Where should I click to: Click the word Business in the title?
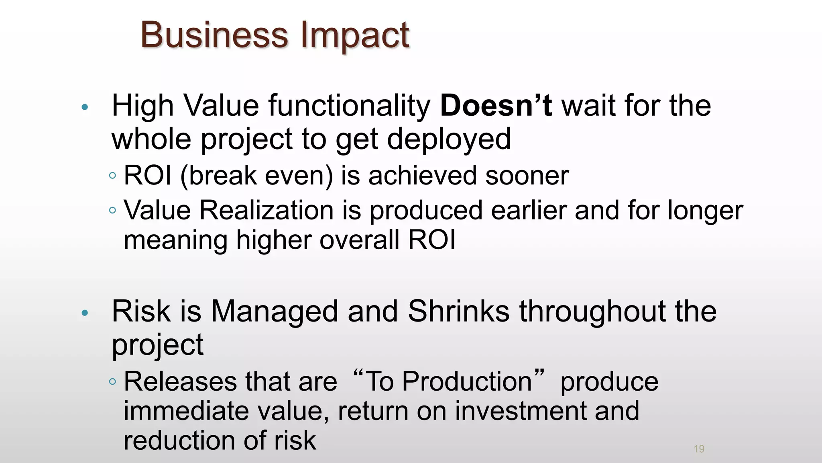click(x=214, y=35)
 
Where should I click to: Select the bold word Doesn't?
click(x=496, y=106)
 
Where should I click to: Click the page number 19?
click(x=699, y=449)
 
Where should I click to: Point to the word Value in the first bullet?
click(x=221, y=106)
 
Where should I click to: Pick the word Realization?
click(x=267, y=210)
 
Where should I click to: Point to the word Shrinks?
click(x=458, y=311)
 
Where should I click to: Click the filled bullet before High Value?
click(x=85, y=107)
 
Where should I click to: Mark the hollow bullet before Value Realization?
click(x=113, y=210)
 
